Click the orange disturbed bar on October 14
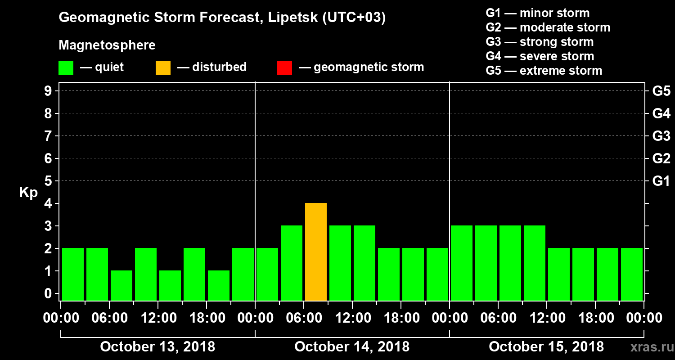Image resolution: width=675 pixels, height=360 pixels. tap(315, 252)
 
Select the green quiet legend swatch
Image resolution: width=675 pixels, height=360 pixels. tap(66, 67)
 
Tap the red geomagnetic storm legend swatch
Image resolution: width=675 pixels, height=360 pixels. tap(284, 67)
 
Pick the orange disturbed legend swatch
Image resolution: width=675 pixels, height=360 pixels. tap(163, 67)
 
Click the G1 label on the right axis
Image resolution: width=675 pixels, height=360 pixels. tap(661, 181)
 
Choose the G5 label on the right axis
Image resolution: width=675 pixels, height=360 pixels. tap(661, 91)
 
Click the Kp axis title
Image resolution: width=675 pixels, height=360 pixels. tap(28, 193)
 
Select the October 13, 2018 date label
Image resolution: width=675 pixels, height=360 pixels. tap(157, 347)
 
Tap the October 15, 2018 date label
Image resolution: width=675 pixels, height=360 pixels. tap(546, 347)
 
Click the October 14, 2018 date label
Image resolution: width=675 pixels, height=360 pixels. tap(352, 347)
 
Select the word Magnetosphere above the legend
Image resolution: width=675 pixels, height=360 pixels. tap(107, 45)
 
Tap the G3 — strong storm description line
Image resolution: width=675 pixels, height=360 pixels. tap(540, 42)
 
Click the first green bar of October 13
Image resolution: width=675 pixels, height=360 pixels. tap(73, 274)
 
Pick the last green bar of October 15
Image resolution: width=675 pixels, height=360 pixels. tap(631, 274)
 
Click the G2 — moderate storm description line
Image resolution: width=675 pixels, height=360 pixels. tap(548, 27)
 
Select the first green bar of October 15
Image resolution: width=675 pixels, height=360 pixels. tap(461, 263)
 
